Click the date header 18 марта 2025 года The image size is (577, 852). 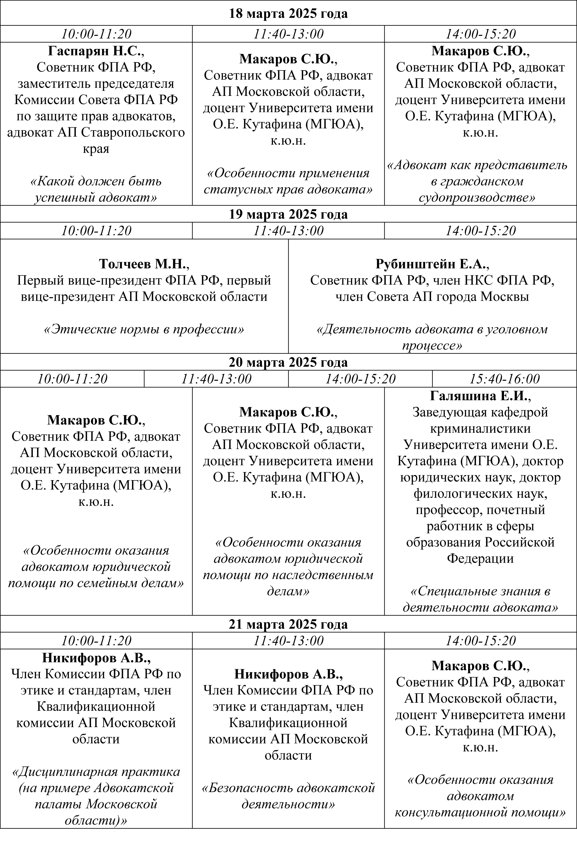[x=288, y=14]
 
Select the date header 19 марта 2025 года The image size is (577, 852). [x=288, y=214]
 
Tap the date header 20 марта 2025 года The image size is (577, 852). [x=288, y=362]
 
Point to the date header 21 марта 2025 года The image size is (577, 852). [x=288, y=624]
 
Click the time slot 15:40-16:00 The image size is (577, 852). [x=504, y=379]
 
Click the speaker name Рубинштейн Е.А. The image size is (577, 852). [x=432, y=264]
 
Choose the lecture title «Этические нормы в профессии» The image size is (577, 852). [x=144, y=329]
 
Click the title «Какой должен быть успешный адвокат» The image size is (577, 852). [x=96, y=189]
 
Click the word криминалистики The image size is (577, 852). [x=480, y=429]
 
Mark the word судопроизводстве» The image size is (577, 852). [x=477, y=198]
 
